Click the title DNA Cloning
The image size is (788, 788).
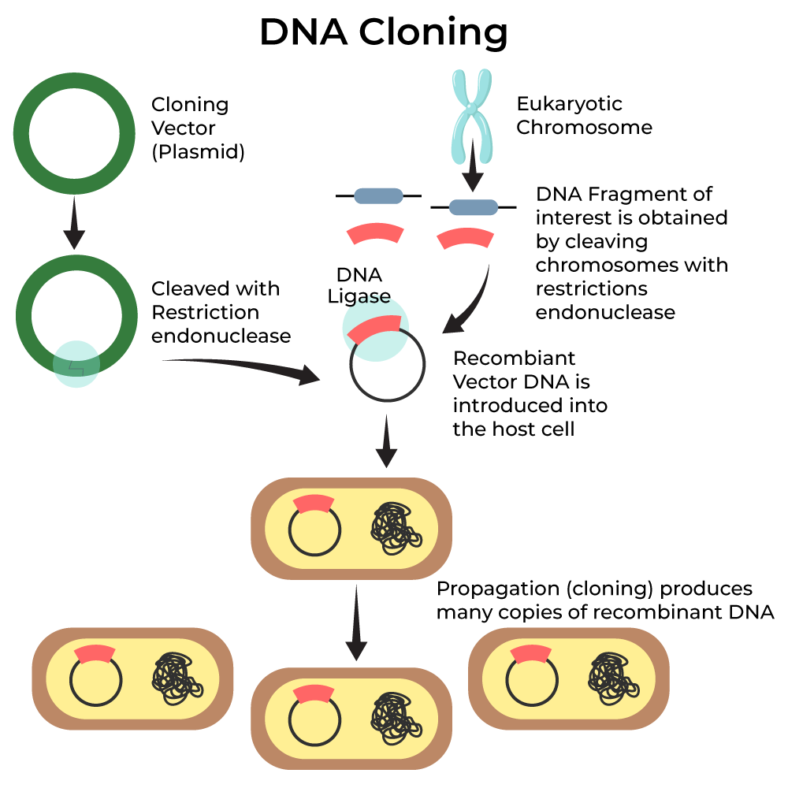tap(383, 33)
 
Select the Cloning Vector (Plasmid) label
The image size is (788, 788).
tap(197, 128)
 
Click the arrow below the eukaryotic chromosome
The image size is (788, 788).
tap(472, 167)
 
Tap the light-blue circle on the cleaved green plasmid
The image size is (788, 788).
tap(76, 364)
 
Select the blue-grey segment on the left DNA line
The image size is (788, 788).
tap(378, 195)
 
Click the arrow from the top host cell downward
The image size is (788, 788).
tap(357, 623)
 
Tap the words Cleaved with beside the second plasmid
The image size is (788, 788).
tap(215, 289)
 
